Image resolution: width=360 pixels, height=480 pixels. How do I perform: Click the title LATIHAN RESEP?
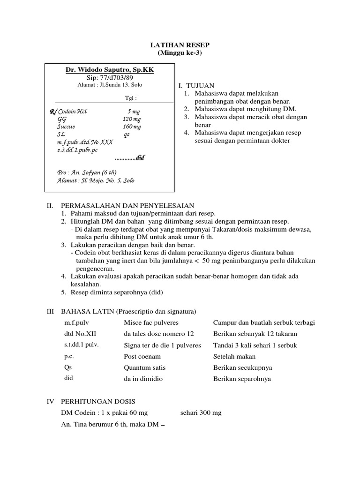[x=180, y=45]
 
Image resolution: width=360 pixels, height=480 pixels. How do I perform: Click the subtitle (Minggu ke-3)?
[x=180, y=52]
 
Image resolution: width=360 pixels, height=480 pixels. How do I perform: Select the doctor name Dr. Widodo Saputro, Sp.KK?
[x=110, y=70]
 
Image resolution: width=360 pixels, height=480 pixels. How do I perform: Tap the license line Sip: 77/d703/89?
[x=109, y=77]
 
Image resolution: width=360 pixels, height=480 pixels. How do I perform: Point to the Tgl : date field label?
[x=130, y=98]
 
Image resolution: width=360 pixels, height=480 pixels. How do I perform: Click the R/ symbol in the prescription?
[x=52, y=112]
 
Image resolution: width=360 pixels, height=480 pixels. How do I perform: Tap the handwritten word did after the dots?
[x=140, y=158]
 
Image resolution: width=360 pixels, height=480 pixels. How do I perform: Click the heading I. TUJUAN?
[x=196, y=86]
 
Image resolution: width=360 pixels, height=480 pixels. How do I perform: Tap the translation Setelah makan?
[x=234, y=356]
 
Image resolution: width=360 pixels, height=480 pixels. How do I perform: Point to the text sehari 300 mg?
[x=201, y=412]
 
